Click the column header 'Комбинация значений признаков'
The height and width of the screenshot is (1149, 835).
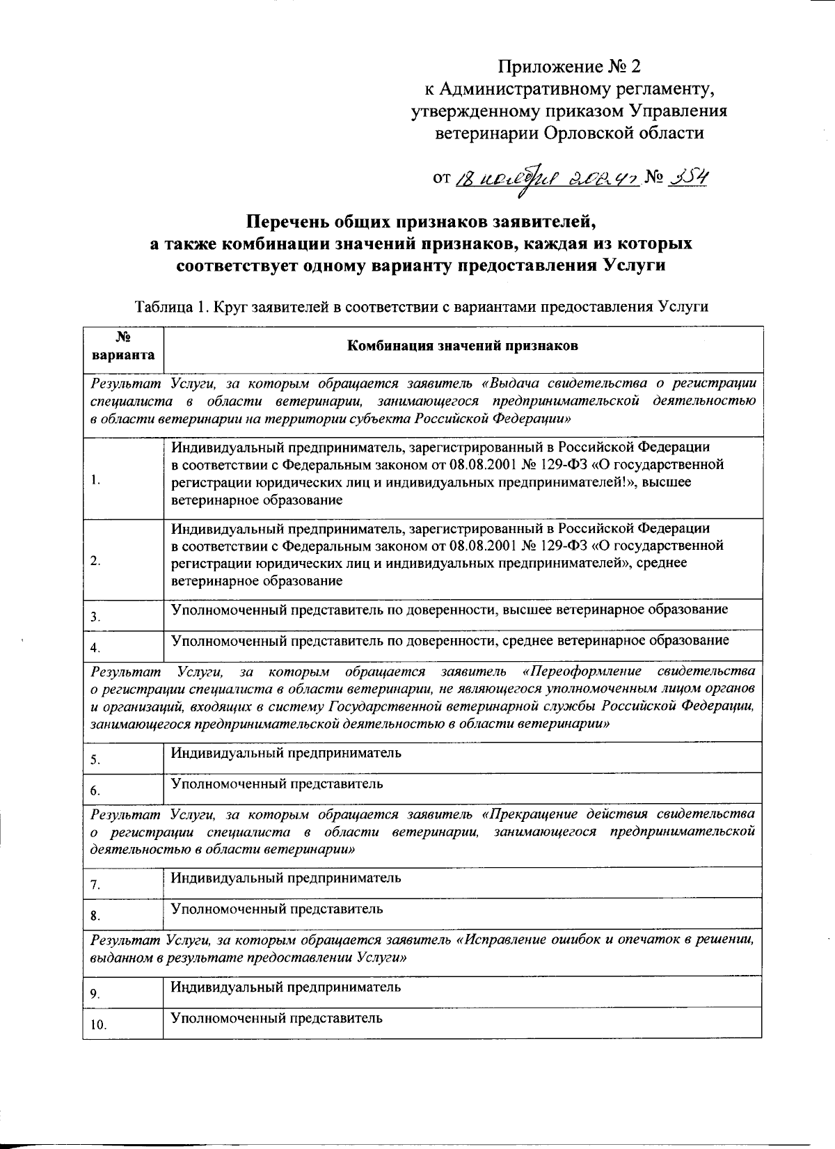[463, 345]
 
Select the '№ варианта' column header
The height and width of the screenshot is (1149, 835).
[123, 346]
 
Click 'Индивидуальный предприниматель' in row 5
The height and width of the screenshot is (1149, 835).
[286, 753]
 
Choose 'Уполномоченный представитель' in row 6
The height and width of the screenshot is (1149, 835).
[277, 784]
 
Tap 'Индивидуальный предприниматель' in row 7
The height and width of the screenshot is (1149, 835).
[286, 878]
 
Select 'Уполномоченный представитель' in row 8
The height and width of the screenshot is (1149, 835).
[277, 908]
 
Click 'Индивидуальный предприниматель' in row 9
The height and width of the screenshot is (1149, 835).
[286, 987]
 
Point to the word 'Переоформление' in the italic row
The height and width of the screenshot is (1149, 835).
[584, 672]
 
